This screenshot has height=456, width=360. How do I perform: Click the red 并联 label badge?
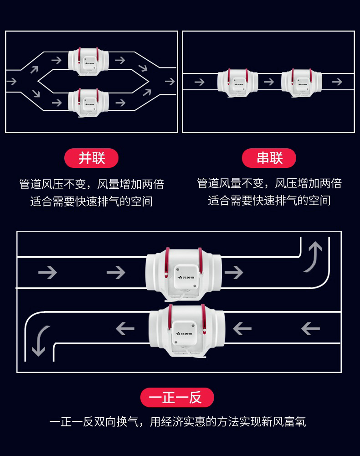(x=92, y=158)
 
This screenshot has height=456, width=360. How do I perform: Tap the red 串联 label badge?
(x=269, y=158)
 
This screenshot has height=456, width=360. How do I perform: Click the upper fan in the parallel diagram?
(x=89, y=61)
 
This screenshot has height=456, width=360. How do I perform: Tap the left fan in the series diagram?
(x=237, y=82)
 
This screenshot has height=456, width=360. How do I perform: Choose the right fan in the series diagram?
(x=301, y=82)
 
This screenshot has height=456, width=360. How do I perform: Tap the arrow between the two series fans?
(x=269, y=82)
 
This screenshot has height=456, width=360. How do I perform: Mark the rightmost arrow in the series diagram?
(x=337, y=82)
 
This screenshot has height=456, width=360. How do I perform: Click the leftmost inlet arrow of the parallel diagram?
(x=12, y=82)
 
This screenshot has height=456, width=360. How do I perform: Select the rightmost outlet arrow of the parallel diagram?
(x=170, y=82)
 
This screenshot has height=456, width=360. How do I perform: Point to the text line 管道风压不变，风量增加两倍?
(x=91, y=184)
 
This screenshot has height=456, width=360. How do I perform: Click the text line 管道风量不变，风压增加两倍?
(x=269, y=183)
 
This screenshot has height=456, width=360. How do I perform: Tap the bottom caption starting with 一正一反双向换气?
(x=178, y=422)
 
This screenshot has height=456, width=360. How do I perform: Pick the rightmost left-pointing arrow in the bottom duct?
(x=310, y=328)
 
